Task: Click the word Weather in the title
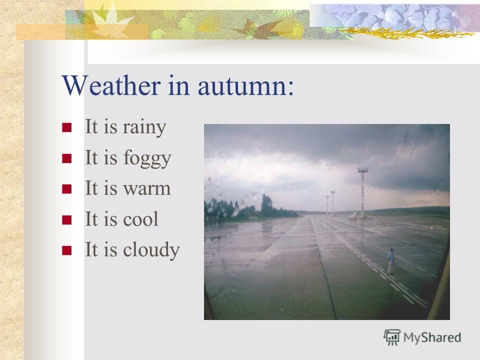(x=111, y=85)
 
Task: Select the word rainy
(x=144, y=127)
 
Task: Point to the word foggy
(x=147, y=159)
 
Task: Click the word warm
(x=146, y=188)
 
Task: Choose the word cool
(x=140, y=218)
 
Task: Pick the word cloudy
(x=151, y=250)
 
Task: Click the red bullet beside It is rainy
(x=66, y=127)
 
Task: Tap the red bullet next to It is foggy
(x=66, y=158)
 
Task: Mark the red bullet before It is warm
(x=66, y=189)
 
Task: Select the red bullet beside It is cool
(x=66, y=220)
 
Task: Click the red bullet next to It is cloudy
(x=66, y=250)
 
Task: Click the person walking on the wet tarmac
(x=391, y=261)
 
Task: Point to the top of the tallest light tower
(x=362, y=169)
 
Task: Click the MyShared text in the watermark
(x=432, y=337)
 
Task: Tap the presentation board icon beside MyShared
(x=392, y=337)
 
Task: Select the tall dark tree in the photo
(x=266, y=206)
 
